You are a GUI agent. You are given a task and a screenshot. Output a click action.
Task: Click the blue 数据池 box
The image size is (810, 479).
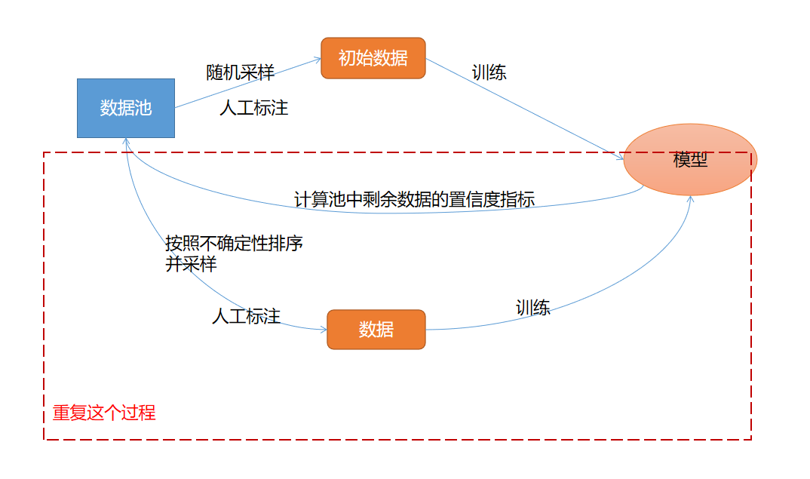click(126, 108)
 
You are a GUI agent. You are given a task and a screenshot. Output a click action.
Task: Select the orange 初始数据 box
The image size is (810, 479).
click(373, 58)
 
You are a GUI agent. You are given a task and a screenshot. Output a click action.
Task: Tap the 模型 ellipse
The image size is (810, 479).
click(690, 160)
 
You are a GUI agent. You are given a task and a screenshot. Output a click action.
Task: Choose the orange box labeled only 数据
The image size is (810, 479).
click(376, 330)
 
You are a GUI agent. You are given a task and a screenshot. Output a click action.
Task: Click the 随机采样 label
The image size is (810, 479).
click(240, 72)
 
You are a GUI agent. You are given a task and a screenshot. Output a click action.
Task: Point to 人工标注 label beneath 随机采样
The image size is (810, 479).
click(253, 108)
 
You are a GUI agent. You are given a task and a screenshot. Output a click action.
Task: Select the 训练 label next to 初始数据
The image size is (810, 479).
click(489, 72)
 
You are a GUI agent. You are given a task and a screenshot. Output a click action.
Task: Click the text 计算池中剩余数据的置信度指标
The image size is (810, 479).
click(414, 200)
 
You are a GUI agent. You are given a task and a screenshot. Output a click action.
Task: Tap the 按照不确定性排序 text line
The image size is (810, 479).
click(235, 244)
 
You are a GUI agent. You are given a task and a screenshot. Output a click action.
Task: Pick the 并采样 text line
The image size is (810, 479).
click(191, 265)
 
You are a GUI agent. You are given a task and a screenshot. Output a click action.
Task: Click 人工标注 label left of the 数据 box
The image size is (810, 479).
click(246, 317)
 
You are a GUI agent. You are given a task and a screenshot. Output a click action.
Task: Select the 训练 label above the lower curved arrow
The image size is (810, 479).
click(532, 308)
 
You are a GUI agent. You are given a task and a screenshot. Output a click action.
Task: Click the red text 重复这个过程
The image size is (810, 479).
click(104, 413)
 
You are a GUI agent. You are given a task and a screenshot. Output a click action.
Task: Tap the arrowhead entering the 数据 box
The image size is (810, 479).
click(323, 330)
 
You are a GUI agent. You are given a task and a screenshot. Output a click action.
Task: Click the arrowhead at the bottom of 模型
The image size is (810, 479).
click(690, 199)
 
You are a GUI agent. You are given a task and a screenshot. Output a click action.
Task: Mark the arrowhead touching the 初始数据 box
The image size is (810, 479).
click(318, 60)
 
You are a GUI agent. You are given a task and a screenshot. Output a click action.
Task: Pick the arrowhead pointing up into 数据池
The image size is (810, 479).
click(126, 141)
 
